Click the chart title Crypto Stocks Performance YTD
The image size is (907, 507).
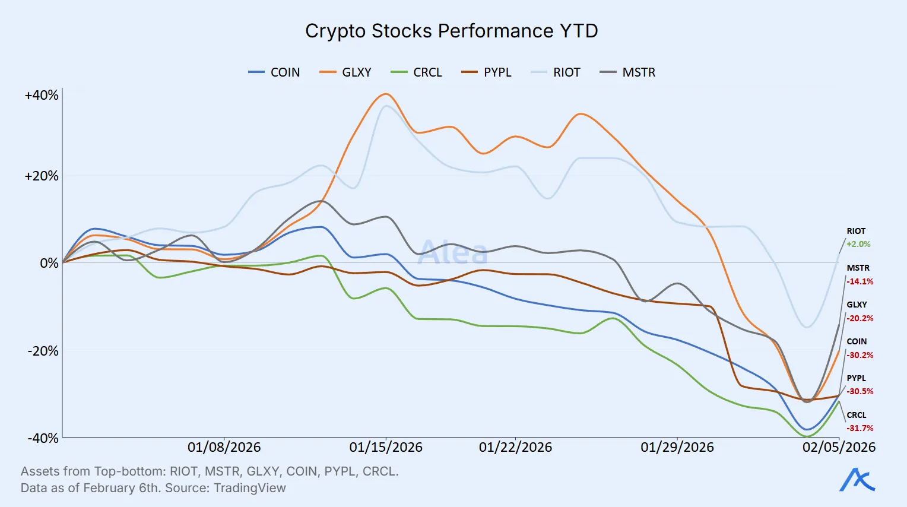click(x=451, y=31)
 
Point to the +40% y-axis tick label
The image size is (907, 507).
click(x=42, y=96)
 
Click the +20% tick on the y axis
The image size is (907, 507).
click(x=42, y=176)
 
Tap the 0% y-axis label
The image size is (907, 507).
click(x=49, y=263)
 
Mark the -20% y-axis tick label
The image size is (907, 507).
click(x=43, y=351)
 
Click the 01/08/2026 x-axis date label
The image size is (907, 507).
click(x=224, y=448)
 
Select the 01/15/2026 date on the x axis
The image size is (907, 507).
click(x=386, y=448)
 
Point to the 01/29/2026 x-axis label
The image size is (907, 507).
click(x=677, y=448)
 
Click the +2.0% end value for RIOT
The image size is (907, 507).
click(x=858, y=244)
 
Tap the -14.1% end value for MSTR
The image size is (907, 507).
click(x=860, y=281)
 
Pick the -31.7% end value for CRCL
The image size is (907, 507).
click(x=860, y=428)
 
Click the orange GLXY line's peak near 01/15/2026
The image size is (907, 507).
click(x=386, y=94)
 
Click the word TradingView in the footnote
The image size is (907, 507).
click(x=249, y=488)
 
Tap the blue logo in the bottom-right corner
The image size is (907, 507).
click(x=857, y=480)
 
